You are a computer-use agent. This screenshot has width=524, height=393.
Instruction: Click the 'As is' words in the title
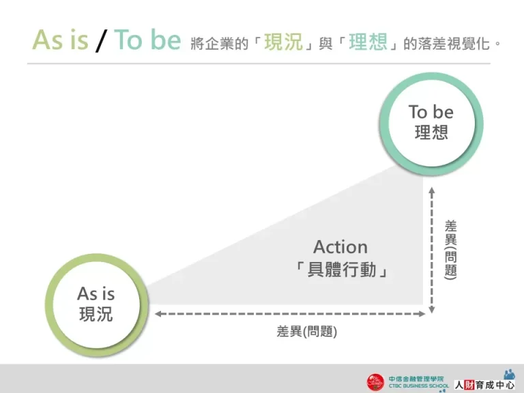[60, 40]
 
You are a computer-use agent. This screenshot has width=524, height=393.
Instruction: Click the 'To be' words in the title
[147, 40]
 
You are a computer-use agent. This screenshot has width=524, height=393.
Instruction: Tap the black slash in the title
[101, 41]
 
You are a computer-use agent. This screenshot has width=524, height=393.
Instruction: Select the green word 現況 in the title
[283, 42]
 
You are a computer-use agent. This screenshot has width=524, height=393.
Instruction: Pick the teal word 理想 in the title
[368, 42]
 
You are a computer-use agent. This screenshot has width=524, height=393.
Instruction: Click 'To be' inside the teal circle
[431, 112]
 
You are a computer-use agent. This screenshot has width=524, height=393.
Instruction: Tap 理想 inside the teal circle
[431, 132]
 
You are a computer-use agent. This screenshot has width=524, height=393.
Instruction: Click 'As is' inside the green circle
[96, 294]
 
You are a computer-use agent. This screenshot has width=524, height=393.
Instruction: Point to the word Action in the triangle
[340, 246]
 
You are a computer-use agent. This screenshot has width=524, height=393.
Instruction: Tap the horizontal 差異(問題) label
[306, 332]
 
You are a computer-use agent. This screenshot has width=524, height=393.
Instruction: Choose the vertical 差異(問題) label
[450, 248]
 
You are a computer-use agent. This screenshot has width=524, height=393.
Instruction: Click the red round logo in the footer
[376, 382]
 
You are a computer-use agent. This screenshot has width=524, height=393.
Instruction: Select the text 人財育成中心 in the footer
[484, 385]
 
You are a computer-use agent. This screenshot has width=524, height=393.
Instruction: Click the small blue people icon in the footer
[509, 374]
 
